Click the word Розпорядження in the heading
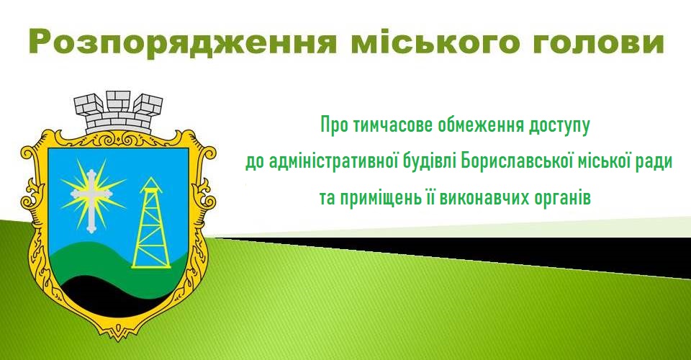(x=181, y=42)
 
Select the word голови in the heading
(x=598, y=42)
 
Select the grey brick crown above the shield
(x=118, y=112)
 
